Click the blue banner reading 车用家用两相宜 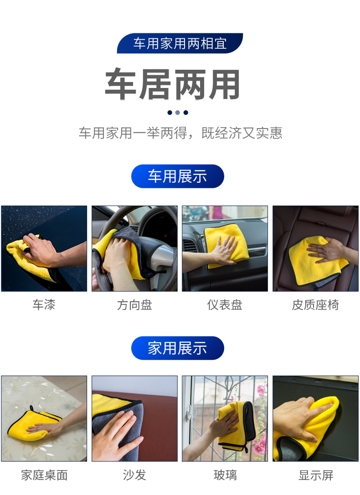click(180, 44)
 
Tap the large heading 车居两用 click(173, 85)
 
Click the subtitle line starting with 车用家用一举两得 click(180, 133)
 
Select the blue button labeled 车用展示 click(177, 176)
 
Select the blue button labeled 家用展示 click(177, 348)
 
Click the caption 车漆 click(44, 305)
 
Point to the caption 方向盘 click(134, 305)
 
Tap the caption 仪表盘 click(225, 305)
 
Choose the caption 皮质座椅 click(315, 305)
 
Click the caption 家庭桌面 click(44, 475)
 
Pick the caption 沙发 click(134, 475)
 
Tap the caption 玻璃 click(225, 475)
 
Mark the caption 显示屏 click(316, 475)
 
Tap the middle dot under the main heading click(177, 113)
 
